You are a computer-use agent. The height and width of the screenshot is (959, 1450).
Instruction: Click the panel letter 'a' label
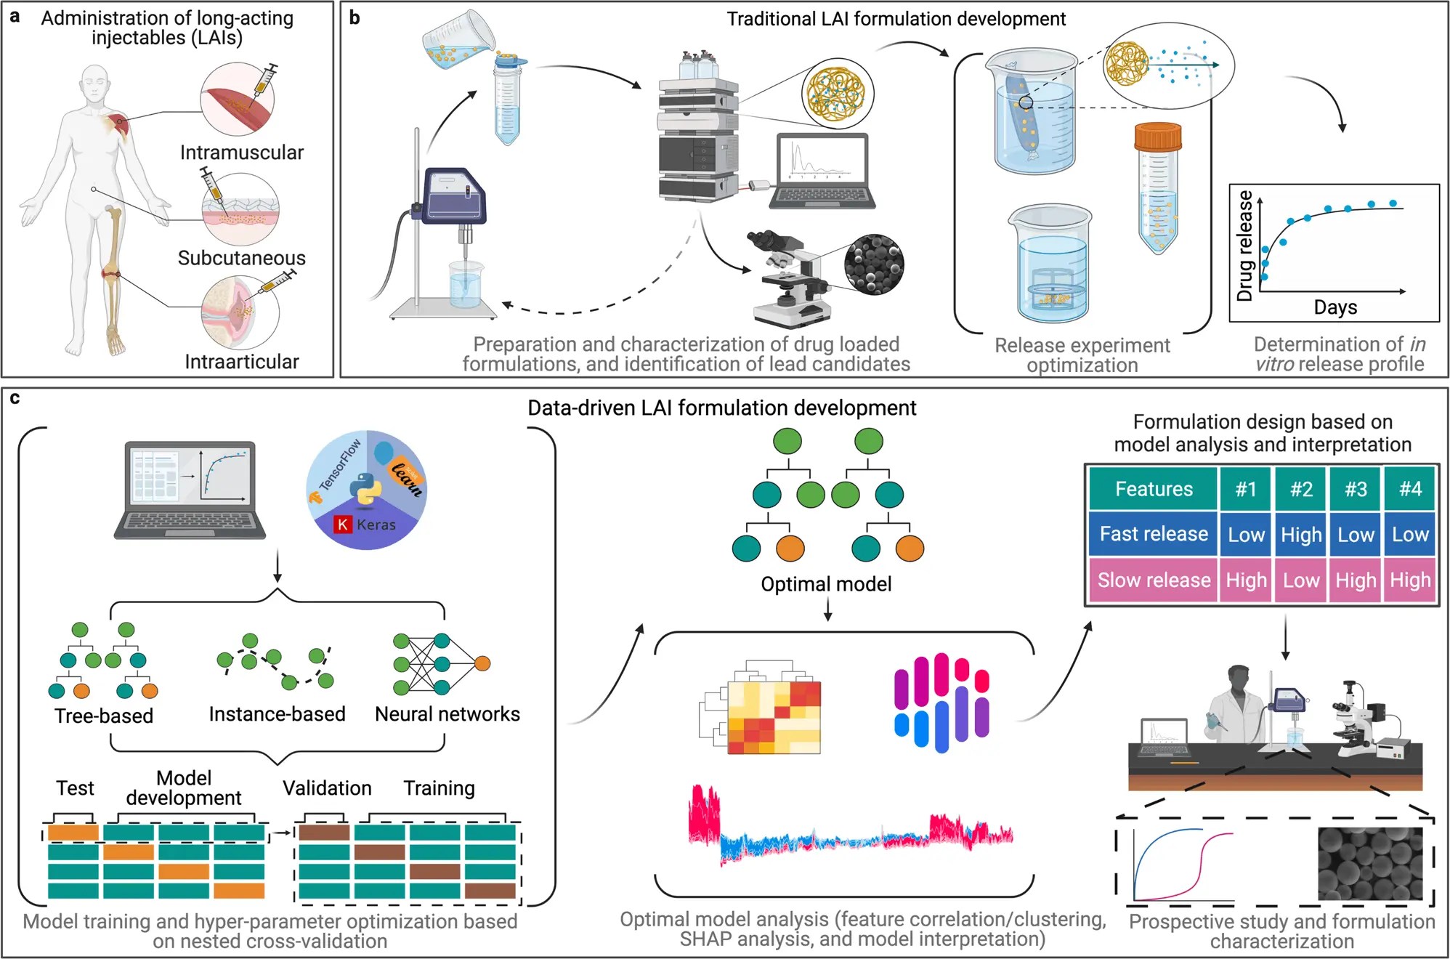pos(15,16)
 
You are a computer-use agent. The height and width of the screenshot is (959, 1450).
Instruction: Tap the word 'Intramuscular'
pos(241,153)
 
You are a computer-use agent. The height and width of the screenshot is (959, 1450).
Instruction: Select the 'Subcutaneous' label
pos(241,258)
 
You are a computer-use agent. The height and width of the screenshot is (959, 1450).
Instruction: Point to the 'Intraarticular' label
pos(241,361)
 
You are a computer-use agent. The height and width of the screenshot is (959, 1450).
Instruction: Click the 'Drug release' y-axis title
pos(1244,246)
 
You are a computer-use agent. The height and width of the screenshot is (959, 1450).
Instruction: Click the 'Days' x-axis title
pos(1335,307)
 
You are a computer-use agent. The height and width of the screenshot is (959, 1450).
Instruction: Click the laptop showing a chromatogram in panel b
pos(822,171)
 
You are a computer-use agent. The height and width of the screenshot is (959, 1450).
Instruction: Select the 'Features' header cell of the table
pos(1153,489)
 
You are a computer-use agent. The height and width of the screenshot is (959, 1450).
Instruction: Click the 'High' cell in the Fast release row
pos(1300,535)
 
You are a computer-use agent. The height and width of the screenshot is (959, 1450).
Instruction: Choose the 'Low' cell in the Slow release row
pos(1300,580)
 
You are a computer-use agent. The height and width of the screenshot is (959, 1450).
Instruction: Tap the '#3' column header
pos(1356,489)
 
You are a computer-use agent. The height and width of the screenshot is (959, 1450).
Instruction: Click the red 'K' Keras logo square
pos(342,525)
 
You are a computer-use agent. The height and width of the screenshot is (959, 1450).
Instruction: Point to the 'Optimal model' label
pos(825,584)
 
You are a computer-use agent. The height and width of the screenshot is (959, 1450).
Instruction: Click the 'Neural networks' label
pos(447,714)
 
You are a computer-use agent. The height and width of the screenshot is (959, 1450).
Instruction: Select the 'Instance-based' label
pos(277,714)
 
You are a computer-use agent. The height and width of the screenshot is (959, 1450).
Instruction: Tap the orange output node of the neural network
pos(482,663)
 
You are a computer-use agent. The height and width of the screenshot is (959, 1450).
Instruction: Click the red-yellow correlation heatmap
pos(774,718)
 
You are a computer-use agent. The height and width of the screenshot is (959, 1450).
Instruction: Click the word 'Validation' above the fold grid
pos(327,788)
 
